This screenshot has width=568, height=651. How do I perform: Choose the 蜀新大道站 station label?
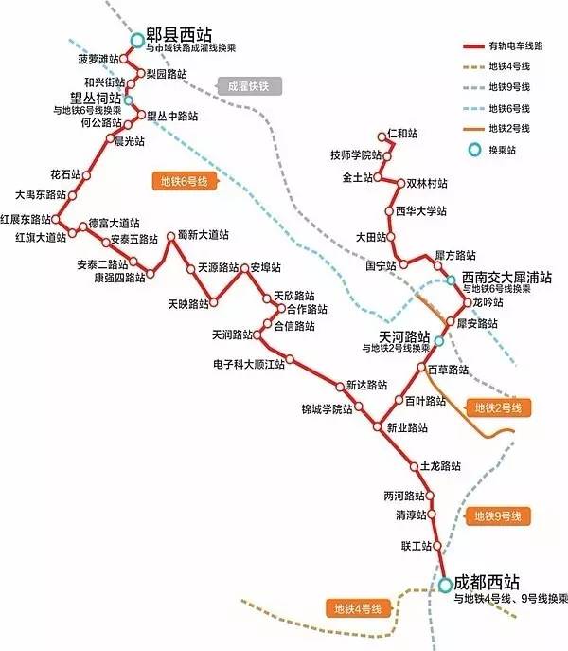click(x=203, y=234)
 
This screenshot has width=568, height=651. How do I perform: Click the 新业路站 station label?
click(x=408, y=427)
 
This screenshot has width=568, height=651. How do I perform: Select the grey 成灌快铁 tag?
click(x=249, y=86)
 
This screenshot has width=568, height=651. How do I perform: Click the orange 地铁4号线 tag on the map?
click(x=357, y=607)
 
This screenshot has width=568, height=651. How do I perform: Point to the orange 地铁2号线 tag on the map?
click(x=500, y=407)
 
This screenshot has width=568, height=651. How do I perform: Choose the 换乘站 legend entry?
click(x=503, y=149)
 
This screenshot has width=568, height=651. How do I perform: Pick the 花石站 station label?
click(x=64, y=174)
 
